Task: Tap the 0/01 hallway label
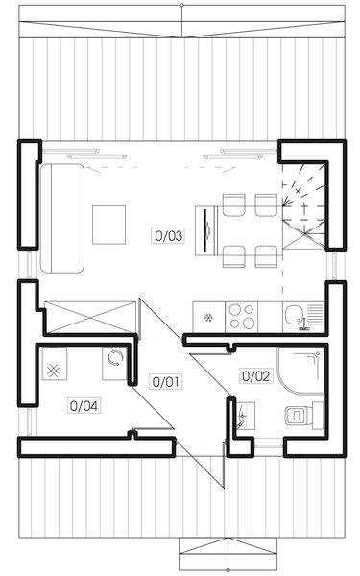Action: click(165, 381)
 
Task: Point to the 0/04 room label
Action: click(84, 405)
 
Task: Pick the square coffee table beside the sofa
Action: click(107, 224)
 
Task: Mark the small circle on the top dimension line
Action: click(181, 4)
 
